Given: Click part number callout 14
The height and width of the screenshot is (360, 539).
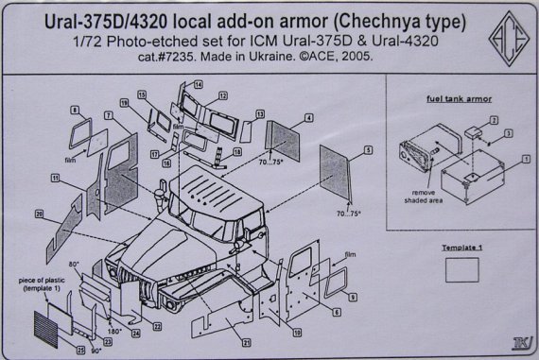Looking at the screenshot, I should click(198, 84).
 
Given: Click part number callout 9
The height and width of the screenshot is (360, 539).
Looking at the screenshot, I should click(351, 298).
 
